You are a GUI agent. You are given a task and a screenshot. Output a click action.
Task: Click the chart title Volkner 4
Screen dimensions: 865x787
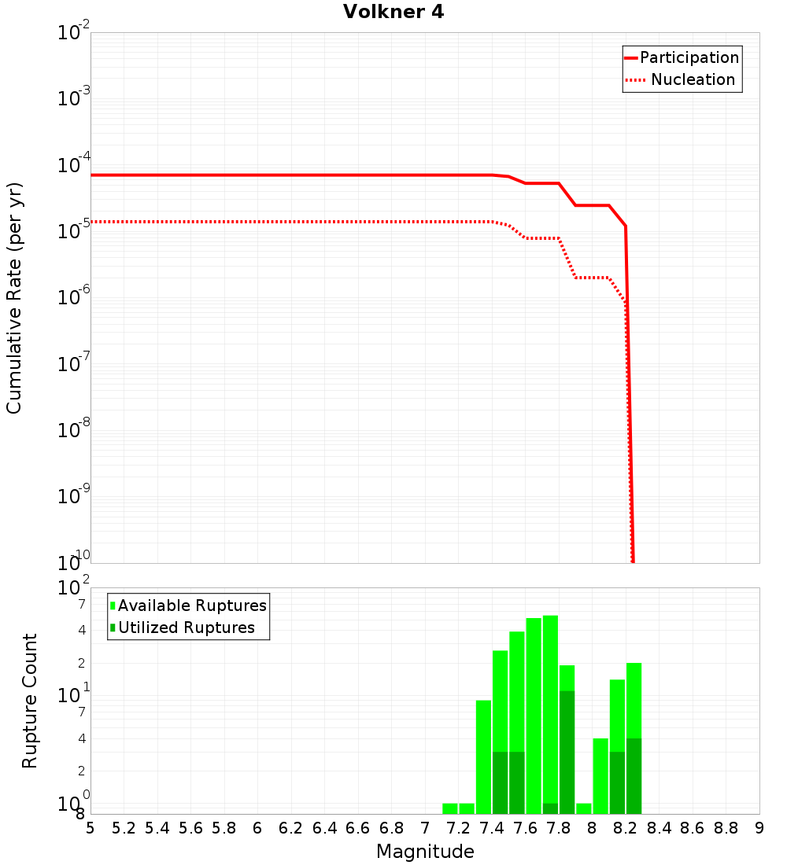coord(393,13)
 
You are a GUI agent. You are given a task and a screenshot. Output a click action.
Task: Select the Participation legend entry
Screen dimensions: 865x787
coord(689,57)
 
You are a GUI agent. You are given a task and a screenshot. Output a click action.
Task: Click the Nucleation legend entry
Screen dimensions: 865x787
coord(693,79)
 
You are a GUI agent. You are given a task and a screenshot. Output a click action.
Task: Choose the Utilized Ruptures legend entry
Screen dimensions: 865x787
coord(186,628)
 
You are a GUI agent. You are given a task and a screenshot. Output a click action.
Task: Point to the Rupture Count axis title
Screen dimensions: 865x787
coord(30,701)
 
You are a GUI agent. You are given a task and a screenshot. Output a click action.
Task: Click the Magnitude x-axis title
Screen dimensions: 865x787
coord(425,852)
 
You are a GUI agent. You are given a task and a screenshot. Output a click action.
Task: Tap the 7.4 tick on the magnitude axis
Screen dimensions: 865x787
coord(492,828)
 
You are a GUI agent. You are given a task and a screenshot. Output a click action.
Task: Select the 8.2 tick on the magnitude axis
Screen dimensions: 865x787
coord(626,828)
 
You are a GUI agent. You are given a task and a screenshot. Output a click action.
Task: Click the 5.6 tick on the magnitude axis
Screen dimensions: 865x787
coord(190,828)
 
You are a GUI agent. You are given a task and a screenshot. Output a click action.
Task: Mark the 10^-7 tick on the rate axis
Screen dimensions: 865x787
coord(74,363)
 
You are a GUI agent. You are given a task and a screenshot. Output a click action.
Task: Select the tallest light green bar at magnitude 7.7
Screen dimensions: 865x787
coord(550,708)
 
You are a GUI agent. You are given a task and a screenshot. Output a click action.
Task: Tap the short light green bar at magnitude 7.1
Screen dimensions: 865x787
coord(450,808)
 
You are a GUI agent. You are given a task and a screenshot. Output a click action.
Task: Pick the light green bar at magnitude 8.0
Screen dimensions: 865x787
coord(600,775)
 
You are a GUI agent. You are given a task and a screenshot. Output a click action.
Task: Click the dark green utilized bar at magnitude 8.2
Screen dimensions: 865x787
coord(634,775)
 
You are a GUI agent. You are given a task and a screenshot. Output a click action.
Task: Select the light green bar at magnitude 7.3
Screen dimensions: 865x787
coord(483,755)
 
